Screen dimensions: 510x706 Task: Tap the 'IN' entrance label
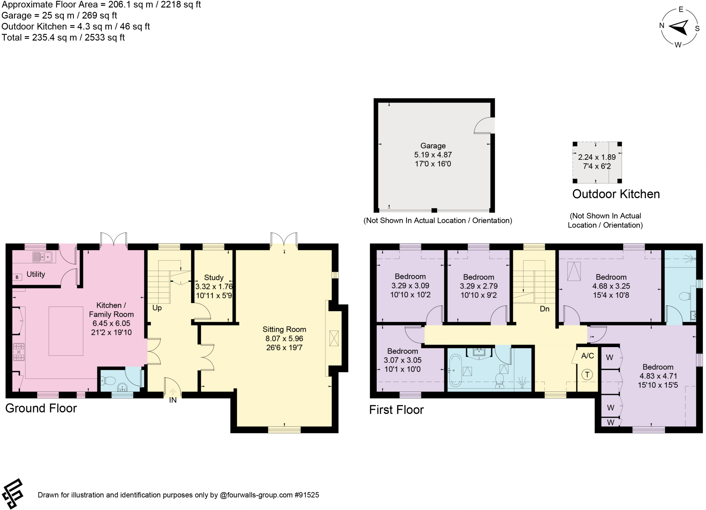click(x=173, y=400)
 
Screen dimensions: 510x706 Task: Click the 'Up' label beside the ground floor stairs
click(x=157, y=308)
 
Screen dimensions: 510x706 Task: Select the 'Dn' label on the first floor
click(x=544, y=309)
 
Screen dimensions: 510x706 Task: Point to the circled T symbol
click(x=587, y=375)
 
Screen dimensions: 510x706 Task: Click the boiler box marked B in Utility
click(x=17, y=277)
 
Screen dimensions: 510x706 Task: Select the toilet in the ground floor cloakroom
click(x=109, y=381)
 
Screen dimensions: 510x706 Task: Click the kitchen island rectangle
click(x=66, y=331)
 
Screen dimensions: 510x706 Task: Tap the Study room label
click(x=214, y=278)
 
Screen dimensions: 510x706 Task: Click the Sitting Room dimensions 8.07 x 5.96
click(x=284, y=339)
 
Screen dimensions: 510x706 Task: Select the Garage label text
click(x=433, y=146)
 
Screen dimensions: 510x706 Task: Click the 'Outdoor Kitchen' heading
click(x=616, y=194)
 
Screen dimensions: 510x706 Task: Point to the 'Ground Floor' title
click(x=41, y=408)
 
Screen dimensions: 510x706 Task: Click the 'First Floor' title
click(x=396, y=410)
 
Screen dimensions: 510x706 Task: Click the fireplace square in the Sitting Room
click(x=334, y=338)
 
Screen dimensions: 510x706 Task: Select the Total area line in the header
click(x=63, y=38)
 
